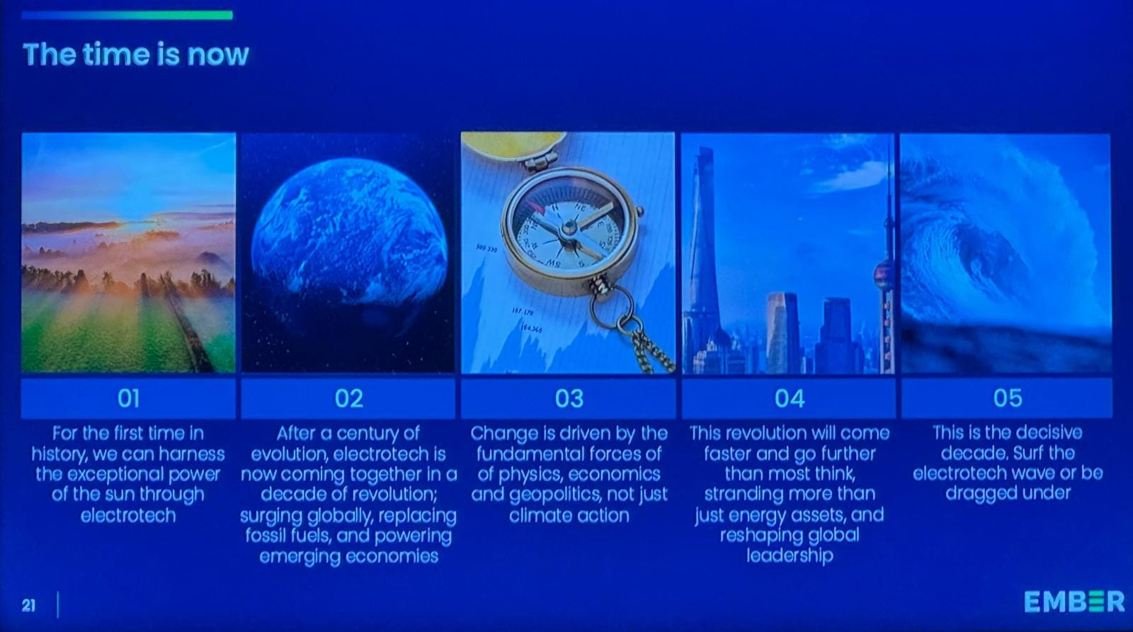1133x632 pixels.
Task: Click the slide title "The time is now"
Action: pyautogui.click(x=135, y=54)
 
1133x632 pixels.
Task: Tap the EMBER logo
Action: pyautogui.click(x=1074, y=602)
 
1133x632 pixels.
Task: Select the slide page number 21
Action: pyautogui.click(x=28, y=605)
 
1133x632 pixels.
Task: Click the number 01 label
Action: pyautogui.click(x=128, y=399)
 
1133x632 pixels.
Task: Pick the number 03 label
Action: pyautogui.click(x=569, y=399)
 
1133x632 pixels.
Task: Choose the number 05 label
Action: pyautogui.click(x=1008, y=398)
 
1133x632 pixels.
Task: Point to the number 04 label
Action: pyautogui.click(x=790, y=399)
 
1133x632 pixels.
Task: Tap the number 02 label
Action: pyautogui.click(x=349, y=399)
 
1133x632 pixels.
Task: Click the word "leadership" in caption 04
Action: pyautogui.click(x=790, y=556)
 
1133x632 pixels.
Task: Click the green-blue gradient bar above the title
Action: pyautogui.click(x=127, y=15)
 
